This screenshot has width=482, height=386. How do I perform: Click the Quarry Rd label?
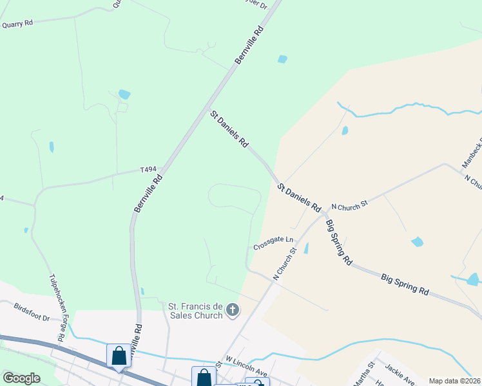(17, 24)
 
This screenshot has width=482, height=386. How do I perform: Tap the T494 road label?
(149, 170)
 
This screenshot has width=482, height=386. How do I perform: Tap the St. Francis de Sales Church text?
(196, 311)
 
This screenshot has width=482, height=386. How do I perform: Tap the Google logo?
(21, 378)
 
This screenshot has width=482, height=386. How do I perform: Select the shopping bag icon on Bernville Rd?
(119, 355)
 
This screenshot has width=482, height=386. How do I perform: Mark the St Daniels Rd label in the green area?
(229, 129)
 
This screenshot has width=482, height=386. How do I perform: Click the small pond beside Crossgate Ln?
(305, 248)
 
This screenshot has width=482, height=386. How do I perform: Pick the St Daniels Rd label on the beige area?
(299, 198)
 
